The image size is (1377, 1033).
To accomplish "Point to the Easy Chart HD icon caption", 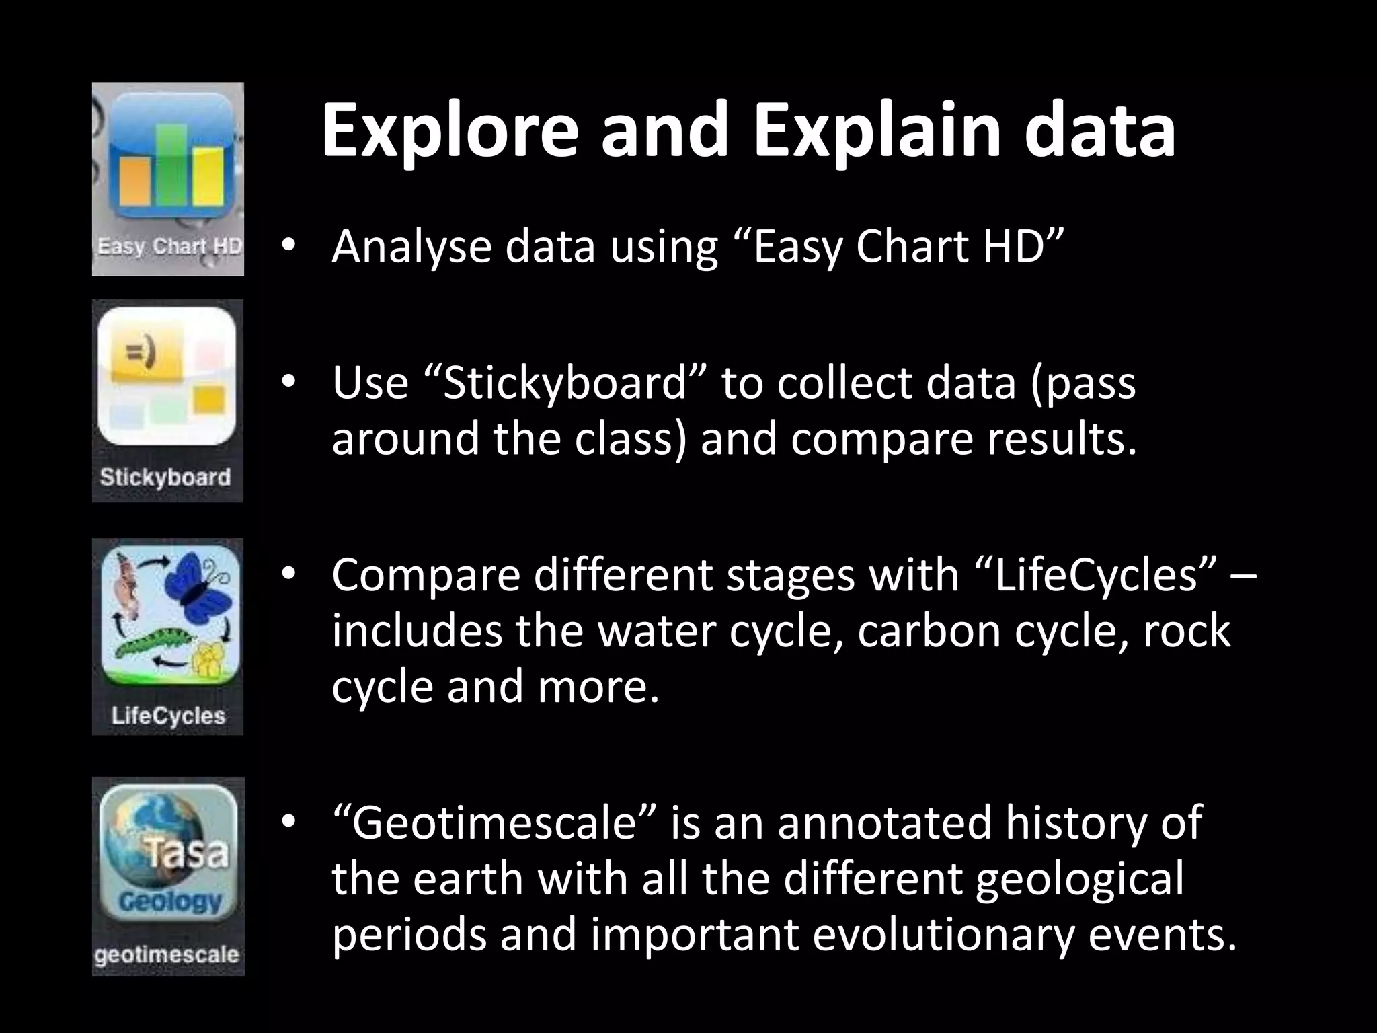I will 168,247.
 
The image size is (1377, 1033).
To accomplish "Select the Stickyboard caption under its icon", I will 165,477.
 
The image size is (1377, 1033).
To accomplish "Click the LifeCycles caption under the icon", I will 168,716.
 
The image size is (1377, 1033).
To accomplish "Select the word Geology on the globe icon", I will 170,901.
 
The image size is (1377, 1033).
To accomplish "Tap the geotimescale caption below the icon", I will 167,955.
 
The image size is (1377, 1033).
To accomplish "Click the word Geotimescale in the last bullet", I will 494,823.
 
